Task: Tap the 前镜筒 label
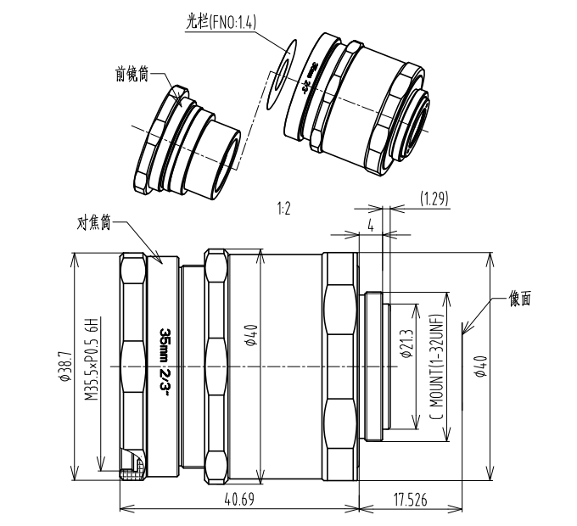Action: tap(132, 74)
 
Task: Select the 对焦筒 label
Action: tap(92, 225)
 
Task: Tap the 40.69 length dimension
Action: tap(240, 500)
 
